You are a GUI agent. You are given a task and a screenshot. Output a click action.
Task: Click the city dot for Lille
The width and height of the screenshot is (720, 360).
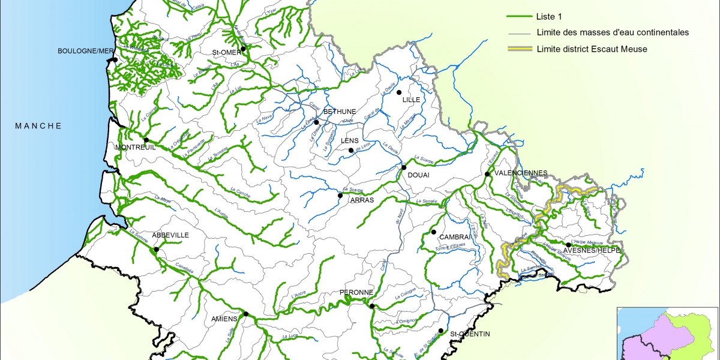pos(398,92)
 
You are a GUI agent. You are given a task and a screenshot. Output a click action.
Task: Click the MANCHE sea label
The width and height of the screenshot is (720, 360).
pos(38,126)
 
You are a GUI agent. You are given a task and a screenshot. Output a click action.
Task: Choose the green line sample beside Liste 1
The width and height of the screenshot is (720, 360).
pos(519,17)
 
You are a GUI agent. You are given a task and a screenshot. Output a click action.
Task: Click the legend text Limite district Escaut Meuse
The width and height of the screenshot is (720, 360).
pos(592,49)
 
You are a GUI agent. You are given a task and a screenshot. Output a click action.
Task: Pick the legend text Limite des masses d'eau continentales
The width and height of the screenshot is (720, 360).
pos(613,33)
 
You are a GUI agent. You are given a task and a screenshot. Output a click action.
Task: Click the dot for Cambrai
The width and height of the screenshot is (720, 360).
pos(433,232)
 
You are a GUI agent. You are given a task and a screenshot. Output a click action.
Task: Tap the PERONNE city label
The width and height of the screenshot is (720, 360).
pos(357,293)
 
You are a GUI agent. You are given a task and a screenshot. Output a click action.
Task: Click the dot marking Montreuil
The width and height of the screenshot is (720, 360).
pos(146,140)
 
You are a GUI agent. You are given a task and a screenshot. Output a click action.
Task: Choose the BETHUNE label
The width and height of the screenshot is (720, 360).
pos(340,112)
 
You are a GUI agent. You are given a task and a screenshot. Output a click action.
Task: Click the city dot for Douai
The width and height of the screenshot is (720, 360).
pos(404,167)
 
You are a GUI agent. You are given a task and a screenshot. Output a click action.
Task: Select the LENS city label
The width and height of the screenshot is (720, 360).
pos(349,141)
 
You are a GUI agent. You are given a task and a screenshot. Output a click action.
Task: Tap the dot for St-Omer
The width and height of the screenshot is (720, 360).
pos(243,49)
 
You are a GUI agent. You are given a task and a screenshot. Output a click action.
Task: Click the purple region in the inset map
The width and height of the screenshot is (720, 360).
pos(648,333)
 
